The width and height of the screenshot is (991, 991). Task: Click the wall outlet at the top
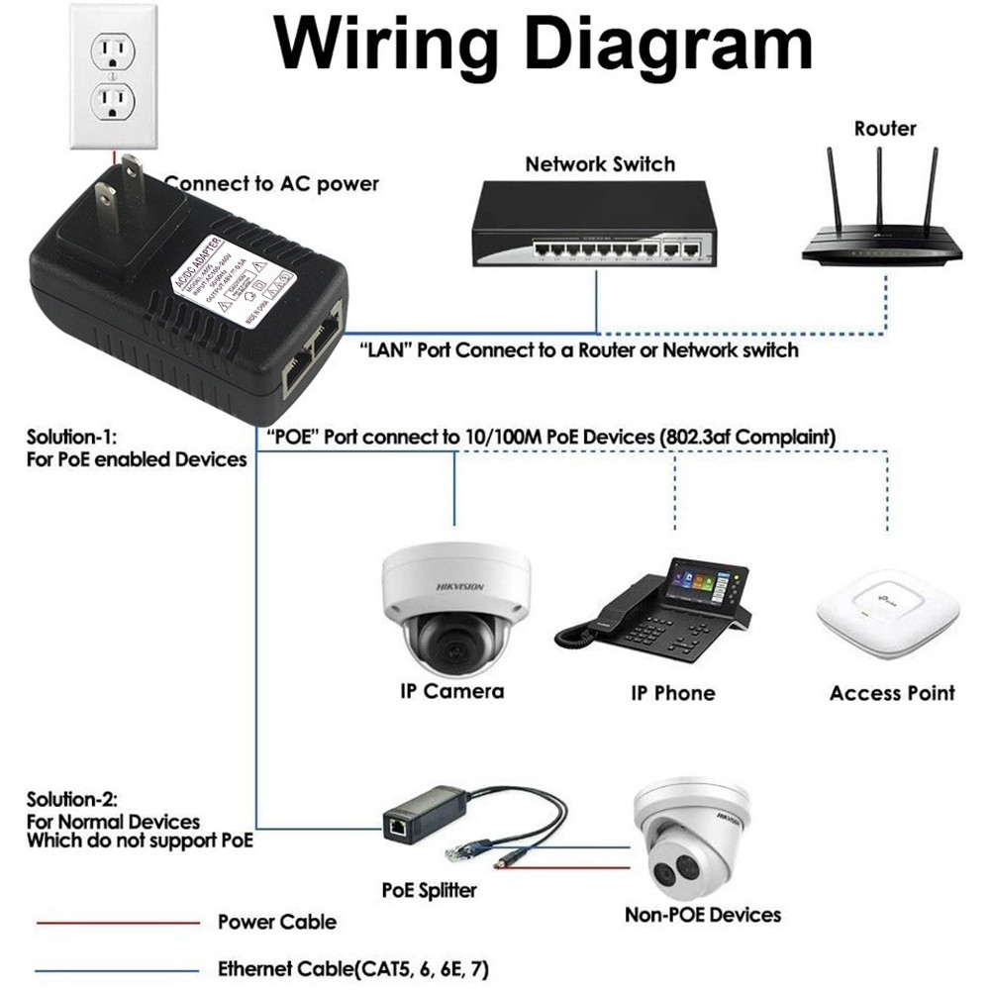pos(113,76)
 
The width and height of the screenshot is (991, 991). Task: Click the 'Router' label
pos(885,129)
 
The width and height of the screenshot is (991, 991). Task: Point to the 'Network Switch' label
pos(600,164)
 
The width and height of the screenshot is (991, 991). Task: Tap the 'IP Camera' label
pos(451,691)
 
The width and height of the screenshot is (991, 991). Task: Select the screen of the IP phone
pos(705,581)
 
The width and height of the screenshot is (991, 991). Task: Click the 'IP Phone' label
pos(672,692)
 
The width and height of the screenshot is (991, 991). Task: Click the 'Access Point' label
pos(892,693)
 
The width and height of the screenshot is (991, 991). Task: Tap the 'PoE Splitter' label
pos(429,890)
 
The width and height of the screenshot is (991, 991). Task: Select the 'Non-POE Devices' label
pos(702,914)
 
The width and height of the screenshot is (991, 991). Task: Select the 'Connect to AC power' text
pos(271,183)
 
